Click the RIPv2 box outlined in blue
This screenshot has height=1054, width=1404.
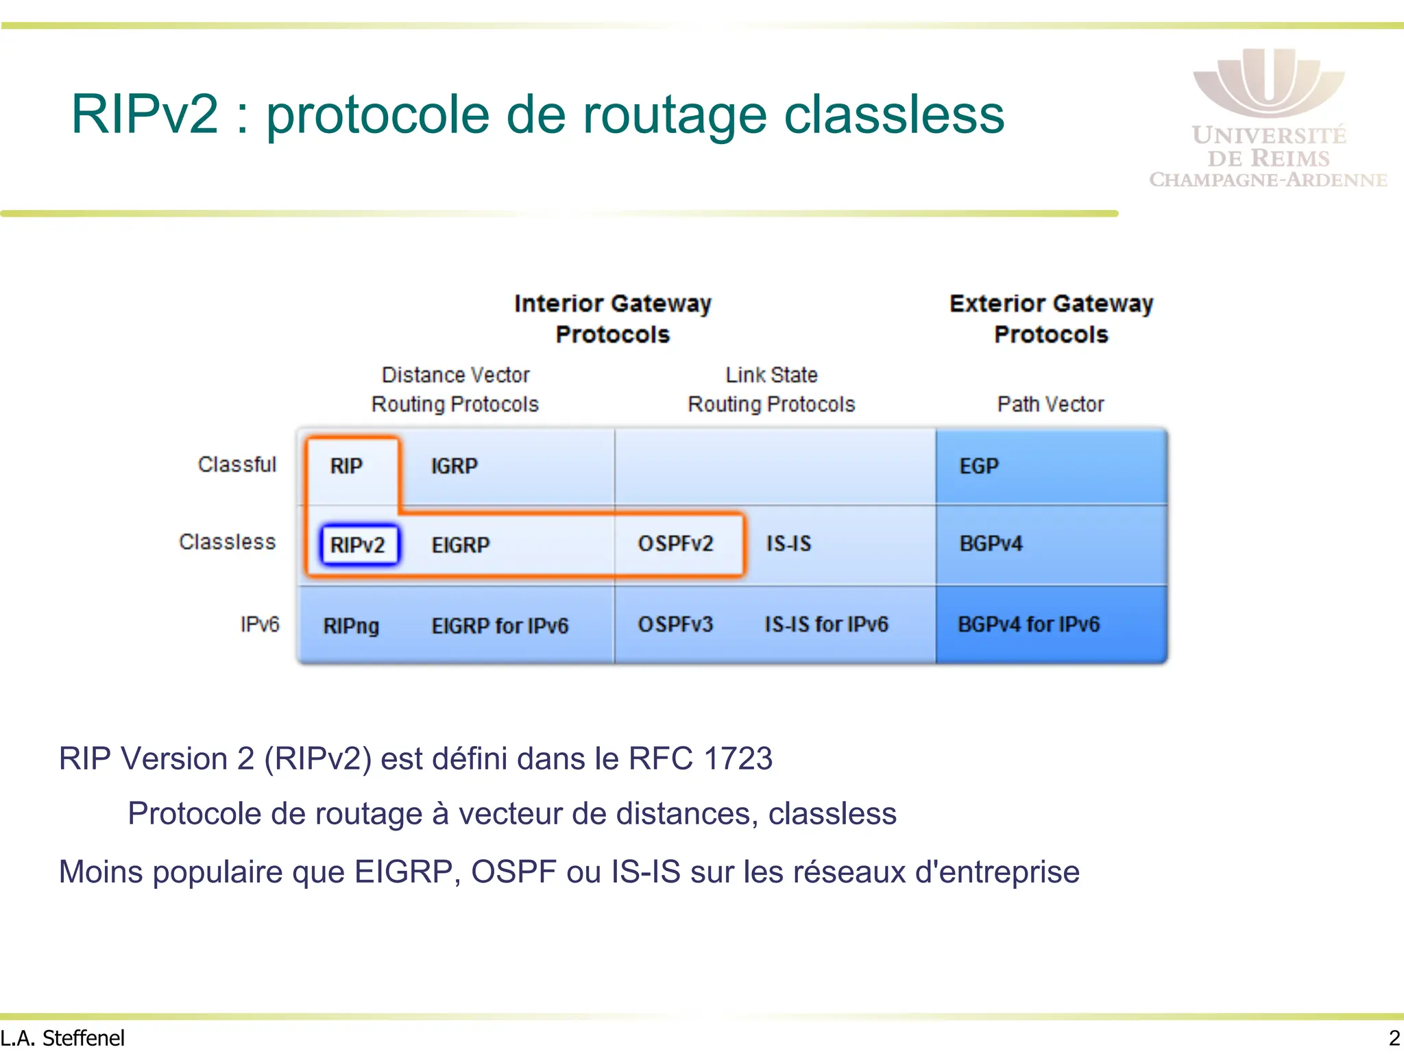pyautogui.click(x=359, y=545)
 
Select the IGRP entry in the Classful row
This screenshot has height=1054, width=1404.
pyautogui.click(x=454, y=466)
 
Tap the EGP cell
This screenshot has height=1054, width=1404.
pyautogui.click(x=979, y=466)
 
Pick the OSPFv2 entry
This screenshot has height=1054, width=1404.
pyautogui.click(x=675, y=544)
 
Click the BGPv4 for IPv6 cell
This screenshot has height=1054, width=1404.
pyautogui.click(x=1028, y=625)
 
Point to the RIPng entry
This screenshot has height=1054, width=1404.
pyautogui.click(x=351, y=626)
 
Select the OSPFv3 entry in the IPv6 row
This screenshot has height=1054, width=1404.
pyautogui.click(x=675, y=625)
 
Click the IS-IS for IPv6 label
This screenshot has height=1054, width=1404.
pyautogui.click(x=826, y=625)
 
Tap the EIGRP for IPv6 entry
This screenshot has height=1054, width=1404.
pyautogui.click(x=500, y=626)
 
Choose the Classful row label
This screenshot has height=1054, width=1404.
pyautogui.click(x=237, y=465)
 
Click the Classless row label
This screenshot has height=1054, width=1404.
pyautogui.click(x=228, y=542)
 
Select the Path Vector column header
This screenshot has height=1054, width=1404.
pyautogui.click(x=1050, y=405)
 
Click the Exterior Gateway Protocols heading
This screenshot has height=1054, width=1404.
pyautogui.click(x=1051, y=319)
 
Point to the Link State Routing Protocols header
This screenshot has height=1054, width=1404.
pyautogui.click(x=771, y=390)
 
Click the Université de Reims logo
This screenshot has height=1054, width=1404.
pyautogui.click(x=1268, y=117)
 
